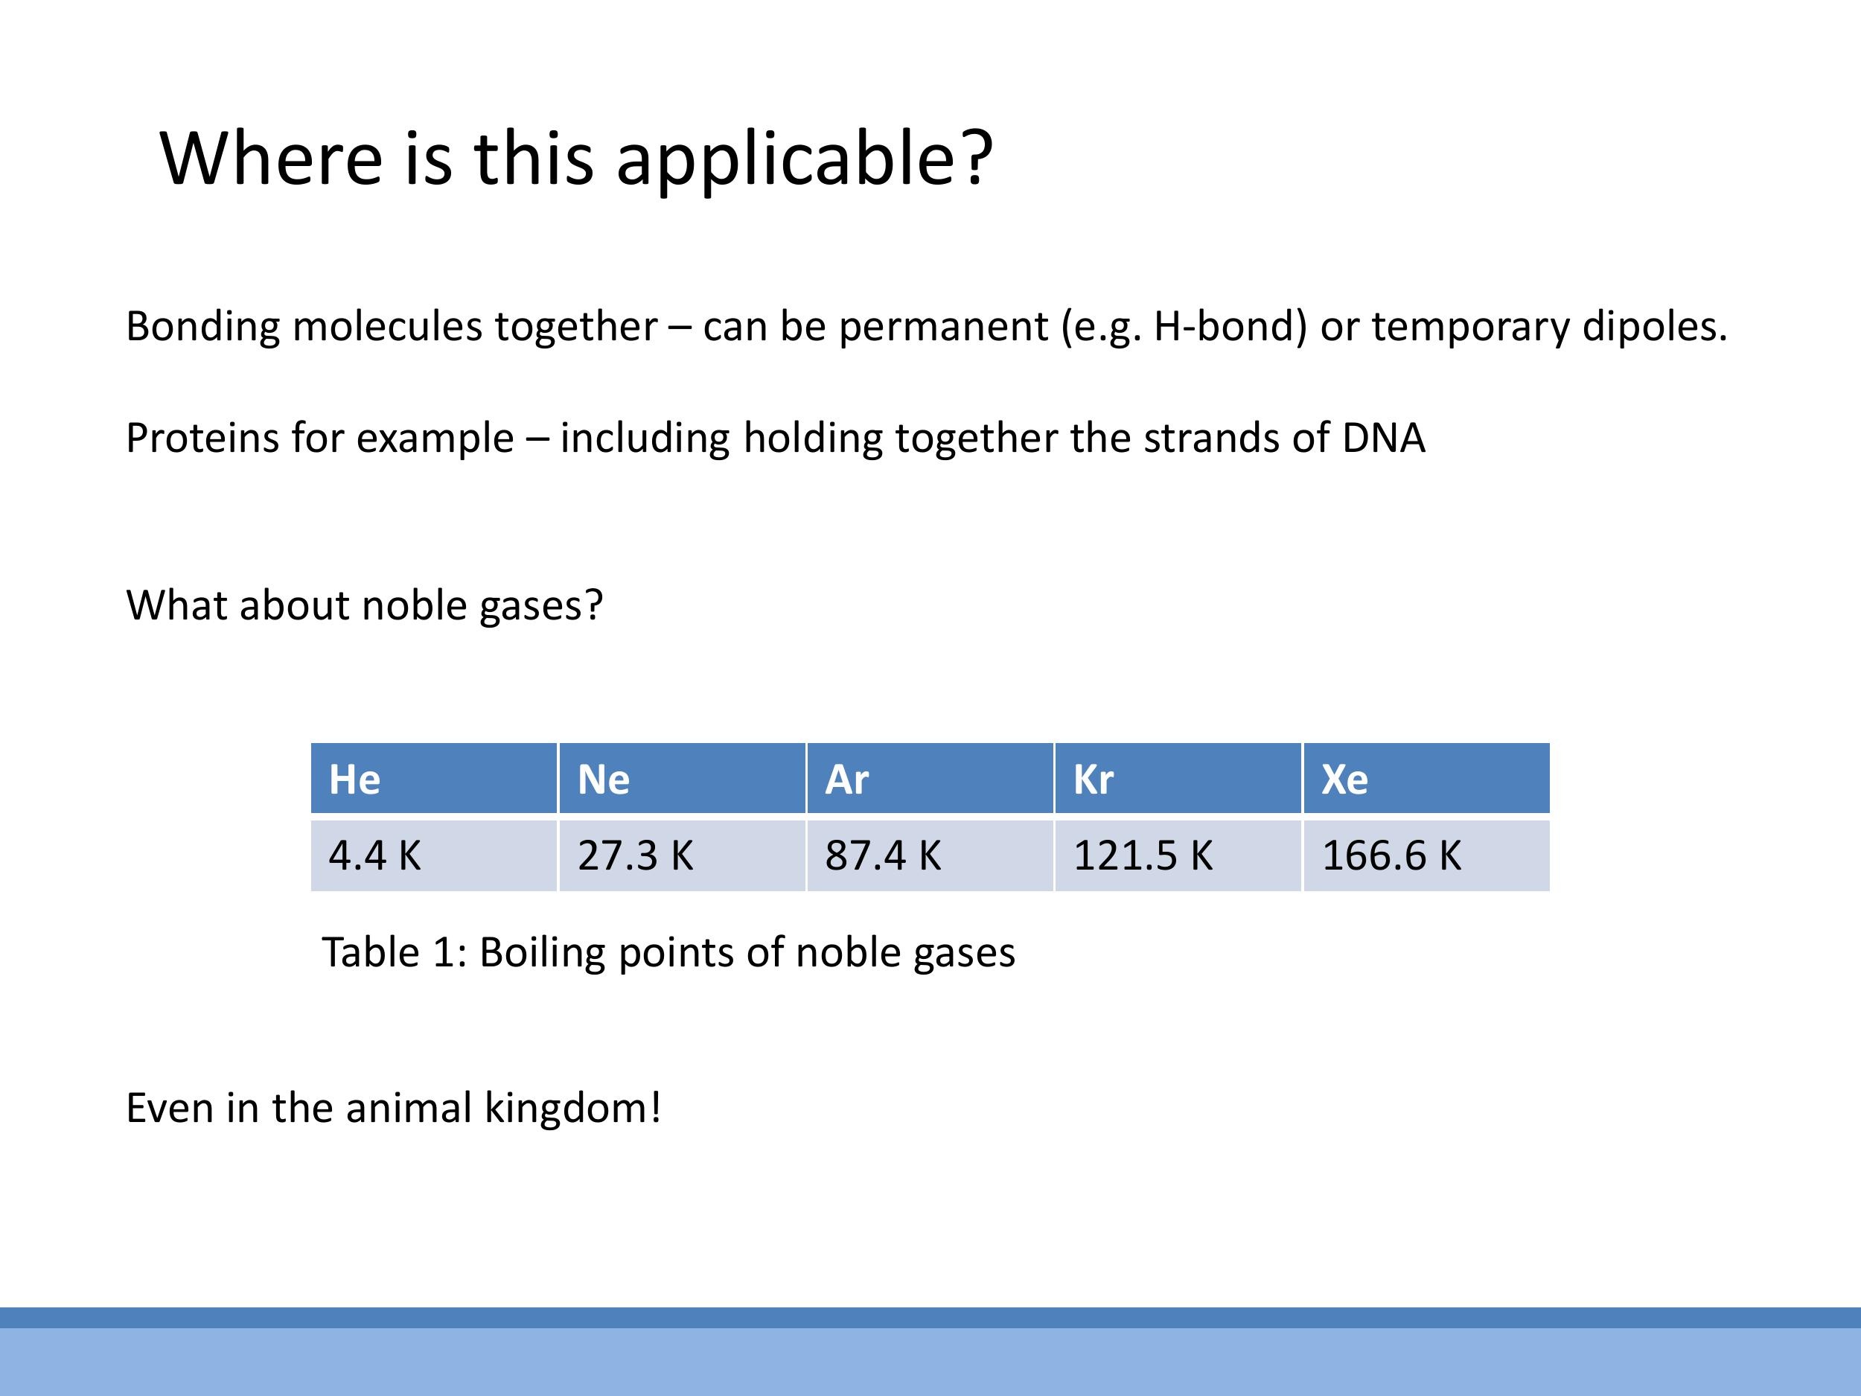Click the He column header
(x=433, y=778)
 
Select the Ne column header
(x=681, y=778)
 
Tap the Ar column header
(x=930, y=778)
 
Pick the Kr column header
(x=1178, y=778)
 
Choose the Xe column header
(x=1426, y=778)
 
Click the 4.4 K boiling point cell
(x=433, y=855)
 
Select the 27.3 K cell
(x=681, y=855)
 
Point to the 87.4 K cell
(x=930, y=855)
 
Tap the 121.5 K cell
(x=1178, y=855)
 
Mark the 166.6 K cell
(x=1426, y=855)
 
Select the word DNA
(x=1383, y=438)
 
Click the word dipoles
(x=1654, y=327)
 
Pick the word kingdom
(x=573, y=1107)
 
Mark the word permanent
(x=942, y=328)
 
